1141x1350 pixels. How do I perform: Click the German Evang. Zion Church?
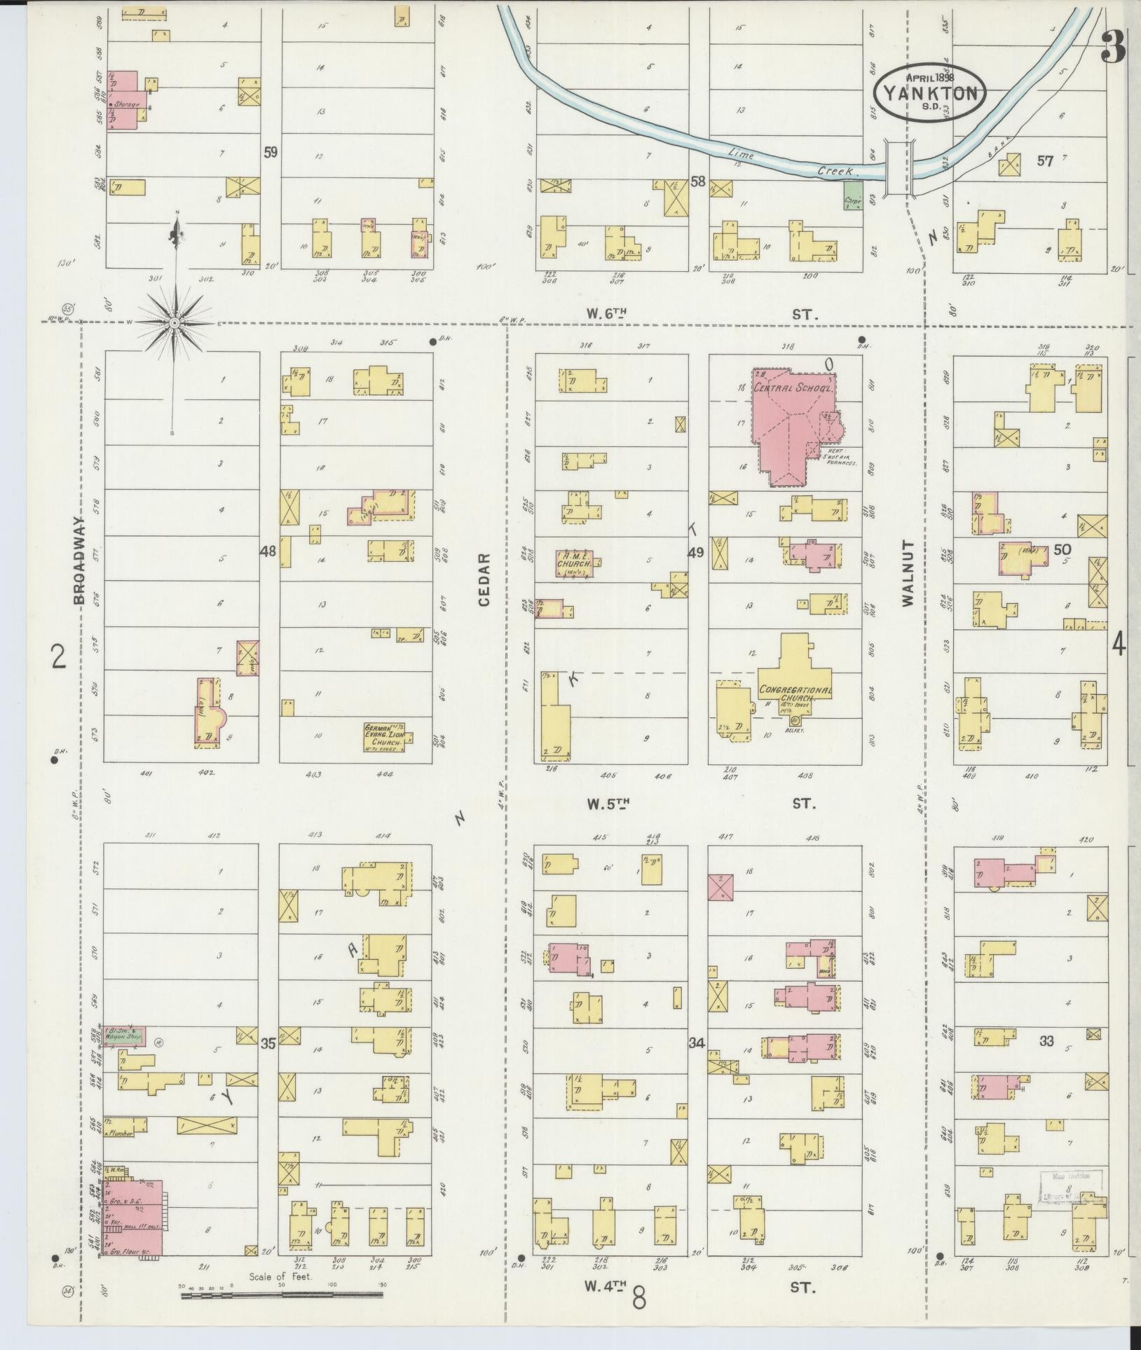tap(386, 735)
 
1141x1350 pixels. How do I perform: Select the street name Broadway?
tap(79, 560)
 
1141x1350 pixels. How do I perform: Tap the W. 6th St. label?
tap(701, 315)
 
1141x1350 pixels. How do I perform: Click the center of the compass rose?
tap(174, 322)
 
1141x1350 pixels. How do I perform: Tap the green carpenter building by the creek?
tap(853, 195)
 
